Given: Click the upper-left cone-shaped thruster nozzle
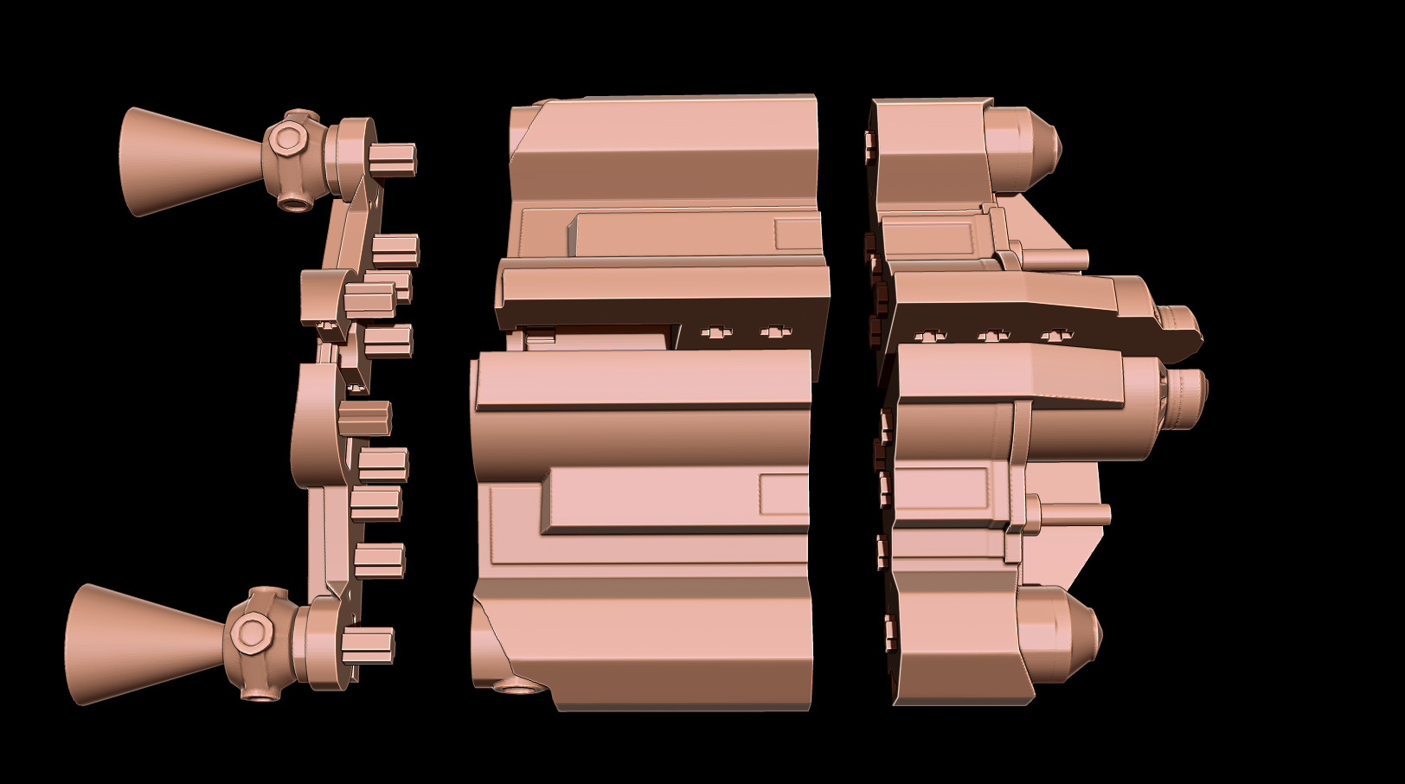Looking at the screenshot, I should (186, 161).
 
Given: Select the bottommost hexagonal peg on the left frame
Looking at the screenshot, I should (370, 646).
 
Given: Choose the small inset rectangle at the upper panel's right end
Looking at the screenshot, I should (797, 235).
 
